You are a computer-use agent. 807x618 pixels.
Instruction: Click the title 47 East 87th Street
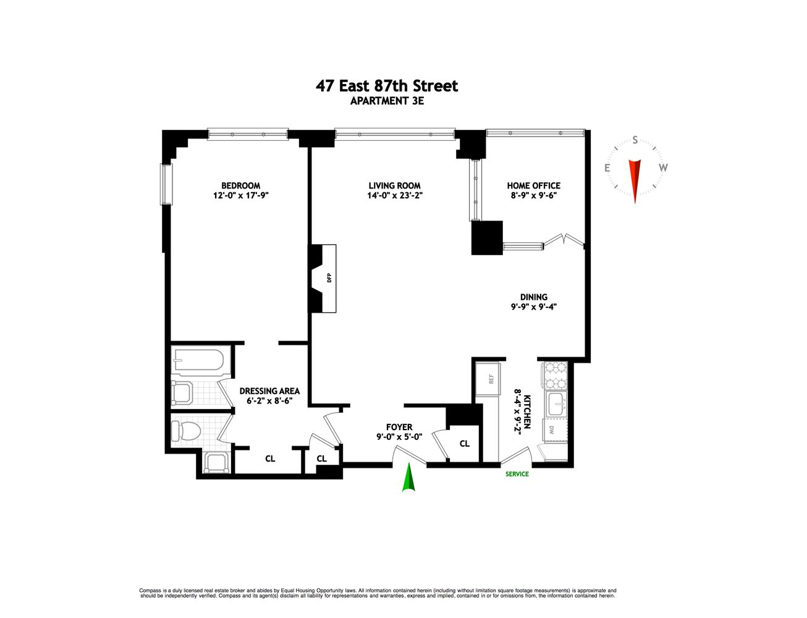click(387, 86)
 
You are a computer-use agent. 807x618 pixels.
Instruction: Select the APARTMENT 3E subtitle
click(387, 101)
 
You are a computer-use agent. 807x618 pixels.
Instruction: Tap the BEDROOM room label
click(240, 185)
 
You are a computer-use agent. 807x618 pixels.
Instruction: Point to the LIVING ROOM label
click(394, 185)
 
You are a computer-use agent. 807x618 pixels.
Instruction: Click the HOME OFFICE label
click(533, 185)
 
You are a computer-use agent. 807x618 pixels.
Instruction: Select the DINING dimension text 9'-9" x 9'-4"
click(533, 307)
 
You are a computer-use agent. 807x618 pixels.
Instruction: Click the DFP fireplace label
click(329, 278)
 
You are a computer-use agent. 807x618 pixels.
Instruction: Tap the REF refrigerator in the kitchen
click(491, 379)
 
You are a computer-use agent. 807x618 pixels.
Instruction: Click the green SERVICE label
click(517, 474)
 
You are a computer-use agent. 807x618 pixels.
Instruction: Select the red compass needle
click(635, 179)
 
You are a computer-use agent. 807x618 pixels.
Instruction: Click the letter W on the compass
click(663, 167)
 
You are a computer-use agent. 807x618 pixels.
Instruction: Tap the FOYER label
click(399, 427)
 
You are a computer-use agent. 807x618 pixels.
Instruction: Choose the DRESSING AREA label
click(269, 391)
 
